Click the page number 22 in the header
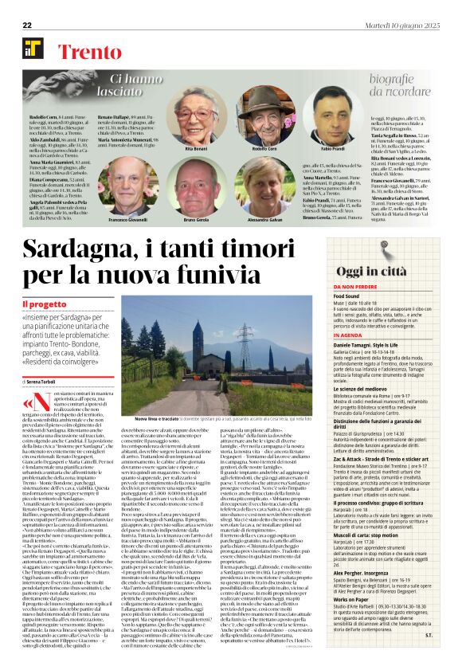pos(27,26)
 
